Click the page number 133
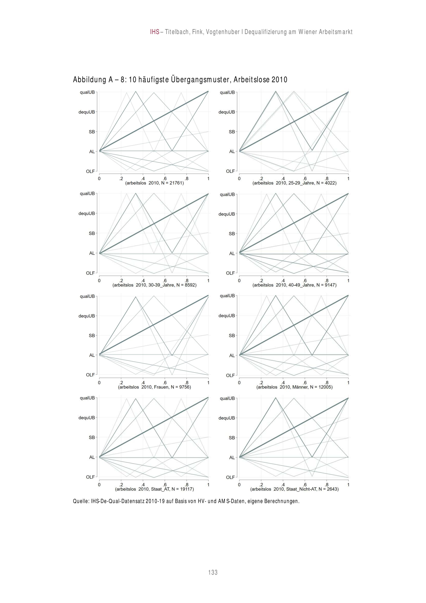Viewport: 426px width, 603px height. [213, 572]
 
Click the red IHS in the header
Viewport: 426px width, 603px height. [155, 32]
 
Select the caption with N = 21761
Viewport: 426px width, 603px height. [154, 183]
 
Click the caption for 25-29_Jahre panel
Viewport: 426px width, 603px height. [294, 183]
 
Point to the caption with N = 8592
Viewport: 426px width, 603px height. [154, 285]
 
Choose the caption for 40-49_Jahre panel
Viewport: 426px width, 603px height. [294, 285]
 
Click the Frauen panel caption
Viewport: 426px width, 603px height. [154, 387]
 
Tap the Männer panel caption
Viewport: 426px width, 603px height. [294, 387]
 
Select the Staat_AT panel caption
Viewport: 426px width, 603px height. [154, 489]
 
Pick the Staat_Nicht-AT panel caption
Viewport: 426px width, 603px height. [294, 489]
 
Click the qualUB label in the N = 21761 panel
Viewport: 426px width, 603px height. [87, 92]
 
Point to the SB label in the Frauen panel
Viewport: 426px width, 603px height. [92, 336]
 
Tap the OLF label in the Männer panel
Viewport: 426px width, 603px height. [230, 376]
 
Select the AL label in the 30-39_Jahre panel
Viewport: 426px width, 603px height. [92, 253]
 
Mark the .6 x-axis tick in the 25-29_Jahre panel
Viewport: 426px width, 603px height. [305, 179]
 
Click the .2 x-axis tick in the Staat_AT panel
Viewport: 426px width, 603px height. [121, 485]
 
